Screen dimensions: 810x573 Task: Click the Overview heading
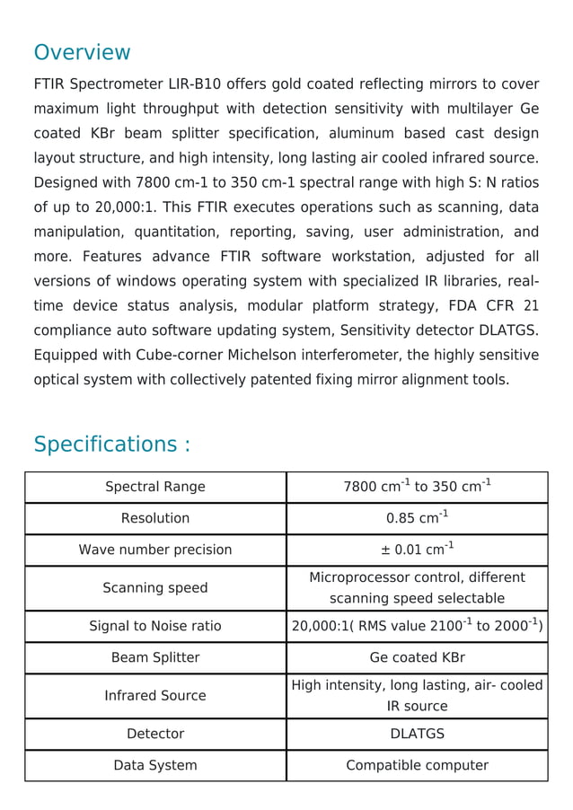tap(82, 52)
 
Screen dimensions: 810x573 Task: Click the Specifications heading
tap(111, 445)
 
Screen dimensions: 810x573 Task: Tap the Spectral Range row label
tap(155, 487)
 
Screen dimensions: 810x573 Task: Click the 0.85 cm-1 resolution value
tap(417, 518)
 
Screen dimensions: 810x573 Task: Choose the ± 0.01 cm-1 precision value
tap(417, 550)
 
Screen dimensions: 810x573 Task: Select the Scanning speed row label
tap(155, 588)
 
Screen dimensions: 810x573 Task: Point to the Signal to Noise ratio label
tap(155, 626)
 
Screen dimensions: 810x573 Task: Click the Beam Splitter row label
tap(155, 657)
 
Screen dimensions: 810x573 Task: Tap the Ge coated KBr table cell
tap(417, 657)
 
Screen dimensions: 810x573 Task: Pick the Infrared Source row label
tap(155, 696)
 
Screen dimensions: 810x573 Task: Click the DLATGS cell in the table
tap(417, 734)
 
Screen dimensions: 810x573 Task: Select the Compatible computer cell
tap(417, 765)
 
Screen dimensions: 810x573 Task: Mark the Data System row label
tap(155, 765)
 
